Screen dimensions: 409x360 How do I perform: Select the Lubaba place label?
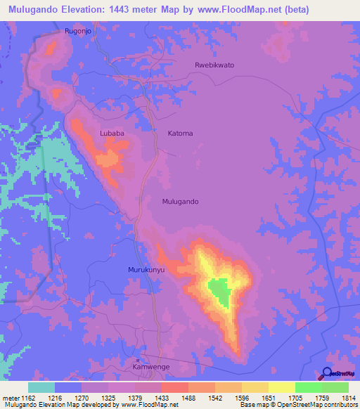(112, 132)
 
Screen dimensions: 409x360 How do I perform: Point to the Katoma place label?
(180, 133)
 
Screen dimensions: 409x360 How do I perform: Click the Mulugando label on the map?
(180, 202)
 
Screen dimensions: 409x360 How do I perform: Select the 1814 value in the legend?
(341, 398)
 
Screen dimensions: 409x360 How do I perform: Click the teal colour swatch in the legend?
(41, 387)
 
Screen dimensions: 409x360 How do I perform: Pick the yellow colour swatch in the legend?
(281, 387)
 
